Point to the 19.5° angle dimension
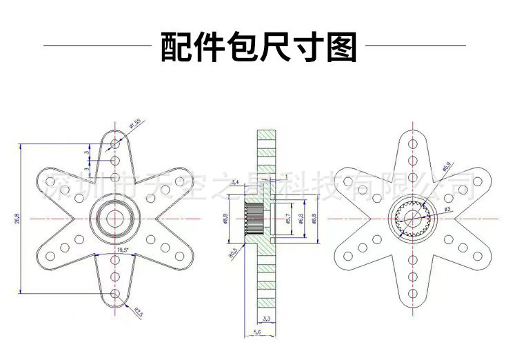(125, 249)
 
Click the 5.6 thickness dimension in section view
(258, 332)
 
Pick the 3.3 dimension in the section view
(267, 319)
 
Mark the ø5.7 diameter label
(287, 219)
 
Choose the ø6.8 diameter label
(301, 219)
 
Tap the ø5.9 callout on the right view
(446, 166)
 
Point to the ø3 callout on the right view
(446, 209)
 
